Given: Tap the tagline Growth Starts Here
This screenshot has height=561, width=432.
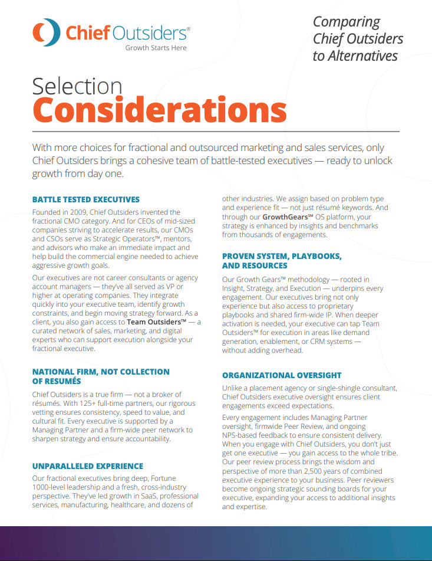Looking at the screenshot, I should (x=156, y=48).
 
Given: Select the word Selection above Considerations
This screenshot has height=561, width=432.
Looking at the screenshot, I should (x=77, y=86).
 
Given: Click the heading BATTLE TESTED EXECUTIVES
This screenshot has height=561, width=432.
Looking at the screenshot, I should (x=86, y=199).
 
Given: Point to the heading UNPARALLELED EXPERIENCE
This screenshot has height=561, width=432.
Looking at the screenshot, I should (x=88, y=466).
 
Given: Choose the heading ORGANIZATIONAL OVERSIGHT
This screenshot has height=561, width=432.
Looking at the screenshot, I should (x=282, y=375).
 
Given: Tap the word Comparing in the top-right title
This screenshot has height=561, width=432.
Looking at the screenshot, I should (x=347, y=22).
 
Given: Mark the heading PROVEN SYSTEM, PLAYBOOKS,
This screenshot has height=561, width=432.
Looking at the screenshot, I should (x=282, y=256).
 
